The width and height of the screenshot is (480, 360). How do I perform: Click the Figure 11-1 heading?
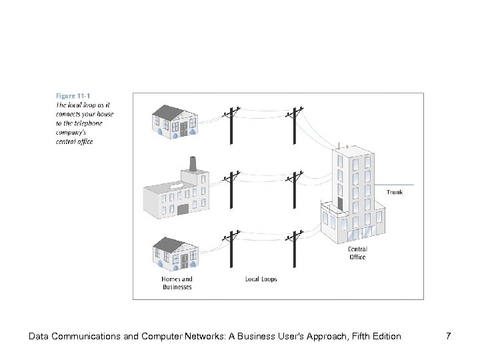point(74,95)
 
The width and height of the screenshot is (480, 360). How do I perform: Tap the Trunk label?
point(395,192)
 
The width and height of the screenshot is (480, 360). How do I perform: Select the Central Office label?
point(357,253)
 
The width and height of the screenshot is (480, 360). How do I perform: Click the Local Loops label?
point(261,279)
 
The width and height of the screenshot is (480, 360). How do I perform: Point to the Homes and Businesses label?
point(177,283)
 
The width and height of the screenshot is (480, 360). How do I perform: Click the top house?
point(175,121)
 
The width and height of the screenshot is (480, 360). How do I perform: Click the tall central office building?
point(353,193)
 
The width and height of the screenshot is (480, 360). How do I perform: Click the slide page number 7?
point(448,337)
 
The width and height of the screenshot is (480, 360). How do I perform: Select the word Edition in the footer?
point(385,337)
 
